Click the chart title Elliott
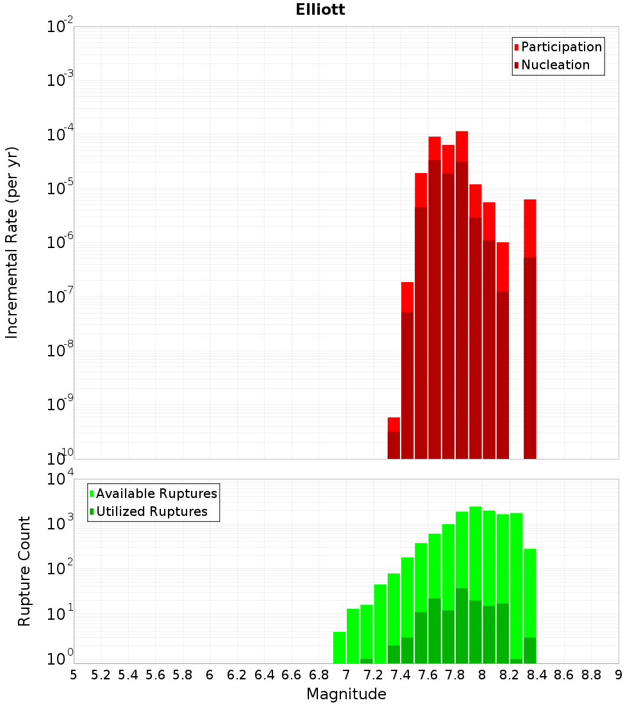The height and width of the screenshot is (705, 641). (x=320, y=10)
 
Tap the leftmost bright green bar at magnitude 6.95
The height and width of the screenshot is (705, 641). (x=339, y=647)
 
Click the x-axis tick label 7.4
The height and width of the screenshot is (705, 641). (x=401, y=675)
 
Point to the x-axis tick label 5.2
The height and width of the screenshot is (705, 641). (x=101, y=675)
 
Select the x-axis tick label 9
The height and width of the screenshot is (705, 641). (x=619, y=675)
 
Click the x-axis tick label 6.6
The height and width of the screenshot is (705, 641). (x=292, y=675)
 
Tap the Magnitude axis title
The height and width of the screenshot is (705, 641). (x=346, y=694)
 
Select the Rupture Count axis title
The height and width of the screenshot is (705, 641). (x=24, y=570)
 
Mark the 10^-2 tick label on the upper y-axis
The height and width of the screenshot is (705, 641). (x=60, y=26)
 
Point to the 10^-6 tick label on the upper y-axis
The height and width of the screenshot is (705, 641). (x=60, y=243)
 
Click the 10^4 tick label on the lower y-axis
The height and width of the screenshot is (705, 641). (x=61, y=479)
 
